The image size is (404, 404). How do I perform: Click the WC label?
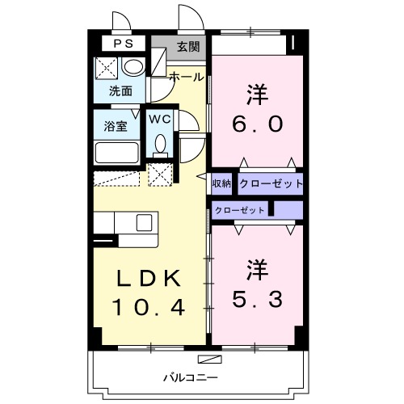tap(159, 119)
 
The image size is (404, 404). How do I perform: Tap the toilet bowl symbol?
tap(160, 144)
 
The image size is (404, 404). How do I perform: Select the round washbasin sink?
tap(134, 67)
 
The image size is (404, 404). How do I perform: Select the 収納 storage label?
tap(222, 183)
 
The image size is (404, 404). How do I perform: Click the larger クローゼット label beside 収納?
tap(270, 183)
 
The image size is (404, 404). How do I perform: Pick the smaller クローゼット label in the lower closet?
tap(241, 210)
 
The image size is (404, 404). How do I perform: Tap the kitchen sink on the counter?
tap(145, 221)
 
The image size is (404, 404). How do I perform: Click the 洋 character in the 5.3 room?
tap(257, 267)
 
